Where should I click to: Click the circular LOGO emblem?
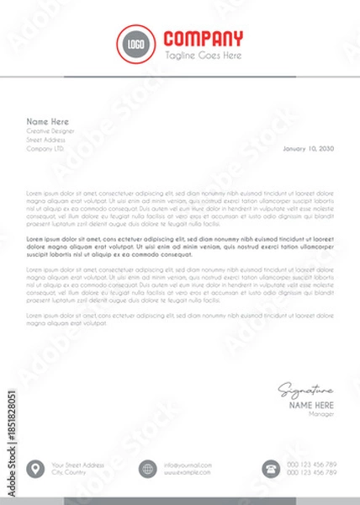(135, 43)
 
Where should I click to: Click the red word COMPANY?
(204, 39)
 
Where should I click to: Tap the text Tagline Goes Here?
(203, 56)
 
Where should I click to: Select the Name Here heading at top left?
(47, 121)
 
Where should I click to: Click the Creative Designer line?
(50, 131)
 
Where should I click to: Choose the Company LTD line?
(45, 148)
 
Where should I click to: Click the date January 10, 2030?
(309, 148)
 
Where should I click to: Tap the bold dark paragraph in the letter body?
(180, 246)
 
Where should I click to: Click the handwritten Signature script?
(306, 391)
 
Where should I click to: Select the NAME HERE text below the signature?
(312, 405)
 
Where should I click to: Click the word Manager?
(321, 414)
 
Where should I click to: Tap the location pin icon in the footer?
(36, 469)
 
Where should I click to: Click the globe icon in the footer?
(148, 469)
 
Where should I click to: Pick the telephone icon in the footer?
(272, 469)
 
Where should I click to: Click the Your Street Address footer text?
(77, 465)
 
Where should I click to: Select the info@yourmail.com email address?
(188, 465)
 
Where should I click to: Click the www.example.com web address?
(188, 473)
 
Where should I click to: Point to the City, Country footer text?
(69, 473)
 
